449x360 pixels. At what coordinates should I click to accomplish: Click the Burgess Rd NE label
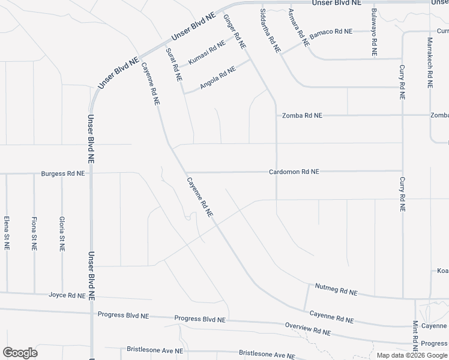coord(63,173)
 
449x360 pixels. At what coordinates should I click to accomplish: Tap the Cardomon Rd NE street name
coord(294,172)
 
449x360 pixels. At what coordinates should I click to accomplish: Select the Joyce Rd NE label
coord(67,295)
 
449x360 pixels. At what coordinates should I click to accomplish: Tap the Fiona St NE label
coord(34,233)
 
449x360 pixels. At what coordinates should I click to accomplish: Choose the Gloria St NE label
coord(62,233)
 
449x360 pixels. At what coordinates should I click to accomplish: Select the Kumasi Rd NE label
coord(206,53)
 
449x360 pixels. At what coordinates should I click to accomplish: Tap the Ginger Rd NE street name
coord(235,32)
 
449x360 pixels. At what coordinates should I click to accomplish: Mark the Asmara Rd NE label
coord(298,28)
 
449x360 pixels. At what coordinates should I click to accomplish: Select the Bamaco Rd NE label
coord(331,31)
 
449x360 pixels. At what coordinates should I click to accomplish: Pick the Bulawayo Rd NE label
coord(374,32)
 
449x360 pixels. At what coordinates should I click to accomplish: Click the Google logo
coord(20,353)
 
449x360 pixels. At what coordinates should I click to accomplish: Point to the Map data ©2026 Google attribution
coord(412,355)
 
